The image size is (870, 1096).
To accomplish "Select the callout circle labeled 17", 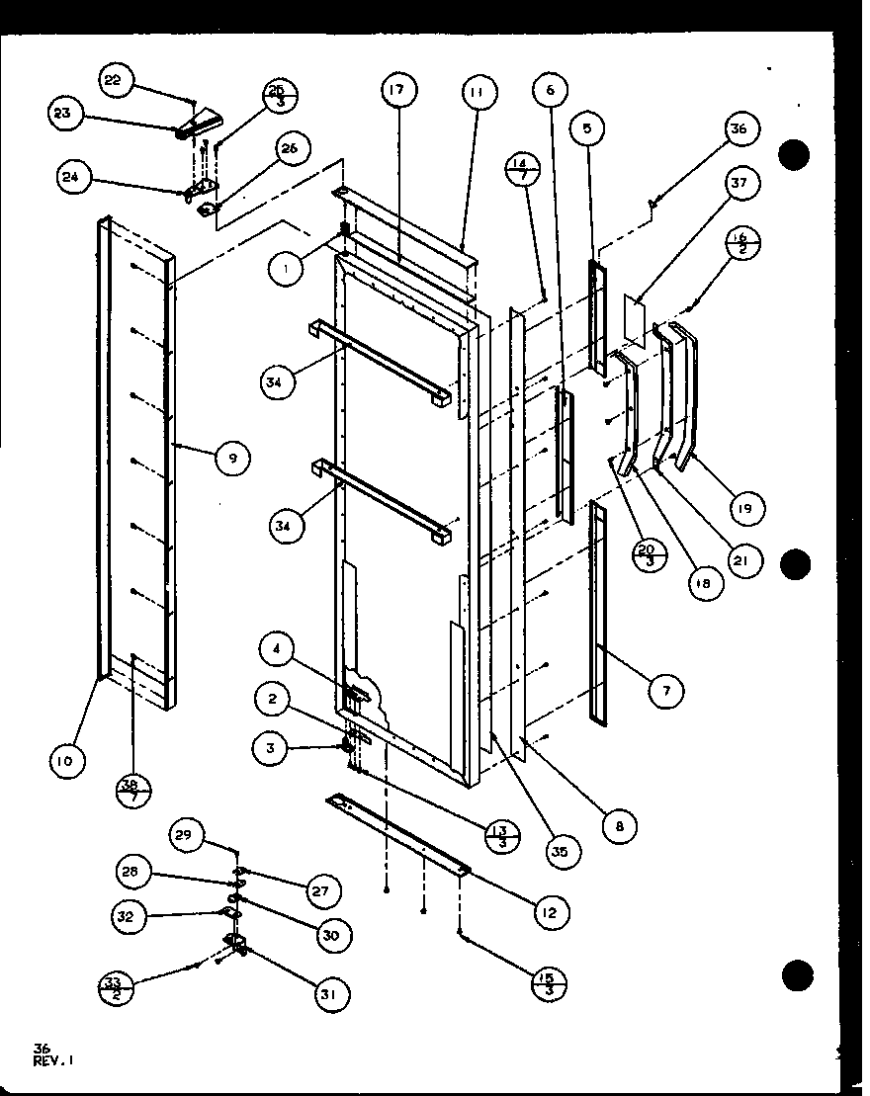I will [396, 91].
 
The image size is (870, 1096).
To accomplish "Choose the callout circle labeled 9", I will [231, 457].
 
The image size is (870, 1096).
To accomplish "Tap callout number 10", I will [67, 760].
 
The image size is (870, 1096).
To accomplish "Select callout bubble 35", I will [562, 850].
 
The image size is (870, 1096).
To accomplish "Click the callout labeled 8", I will [618, 827].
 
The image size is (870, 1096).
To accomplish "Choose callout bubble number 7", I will [666, 692].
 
